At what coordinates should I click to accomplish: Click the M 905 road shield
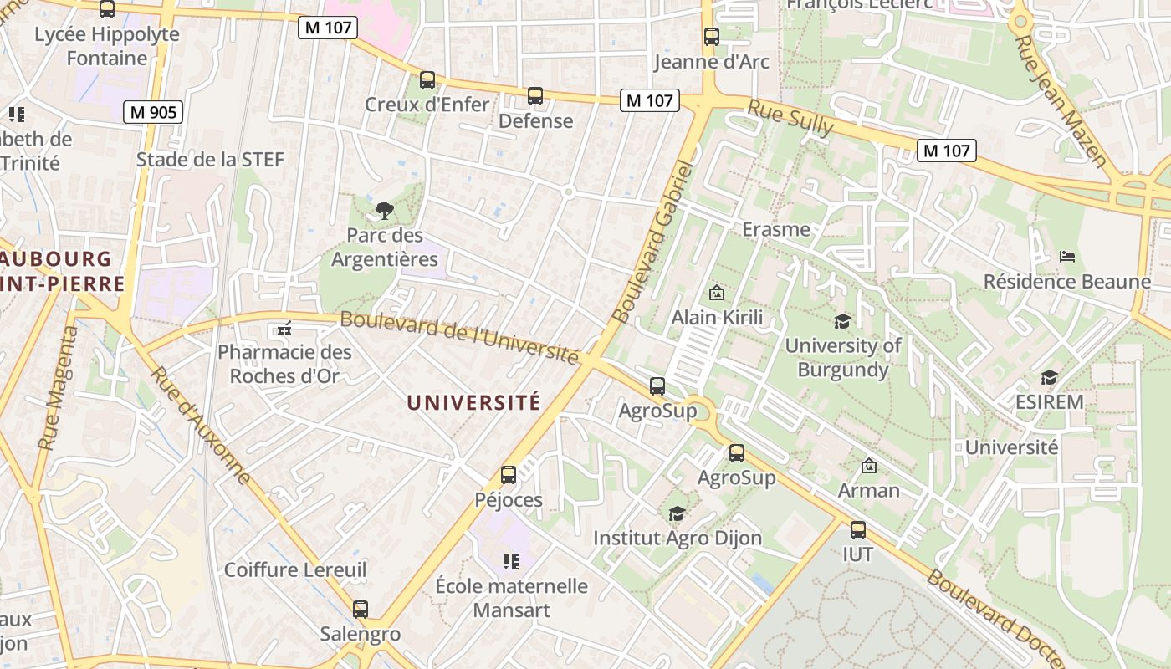(x=153, y=112)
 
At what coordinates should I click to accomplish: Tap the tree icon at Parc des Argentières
(x=384, y=211)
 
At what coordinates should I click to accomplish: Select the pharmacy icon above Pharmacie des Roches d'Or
(x=284, y=328)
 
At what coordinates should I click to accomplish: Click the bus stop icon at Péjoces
(x=509, y=475)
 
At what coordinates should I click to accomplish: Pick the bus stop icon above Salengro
(x=361, y=610)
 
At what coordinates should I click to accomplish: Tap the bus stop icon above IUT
(x=858, y=529)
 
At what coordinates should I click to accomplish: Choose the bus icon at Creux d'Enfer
(x=427, y=80)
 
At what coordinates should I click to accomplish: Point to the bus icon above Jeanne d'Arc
(x=712, y=37)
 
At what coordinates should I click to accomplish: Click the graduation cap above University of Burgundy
(x=842, y=321)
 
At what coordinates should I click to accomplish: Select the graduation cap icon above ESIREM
(x=1049, y=377)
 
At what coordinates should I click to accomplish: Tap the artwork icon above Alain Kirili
(x=717, y=293)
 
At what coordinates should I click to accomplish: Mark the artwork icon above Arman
(x=869, y=466)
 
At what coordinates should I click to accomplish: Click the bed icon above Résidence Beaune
(x=1067, y=257)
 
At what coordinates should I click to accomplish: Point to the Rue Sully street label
(x=790, y=118)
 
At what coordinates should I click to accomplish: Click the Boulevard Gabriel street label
(x=654, y=242)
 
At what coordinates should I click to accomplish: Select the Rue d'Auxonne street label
(x=201, y=425)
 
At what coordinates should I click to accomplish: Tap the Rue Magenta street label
(x=58, y=388)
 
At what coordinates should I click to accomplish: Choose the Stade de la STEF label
(x=210, y=159)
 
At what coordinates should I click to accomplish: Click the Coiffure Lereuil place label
(x=295, y=570)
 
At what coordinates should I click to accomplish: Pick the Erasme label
(x=776, y=229)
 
